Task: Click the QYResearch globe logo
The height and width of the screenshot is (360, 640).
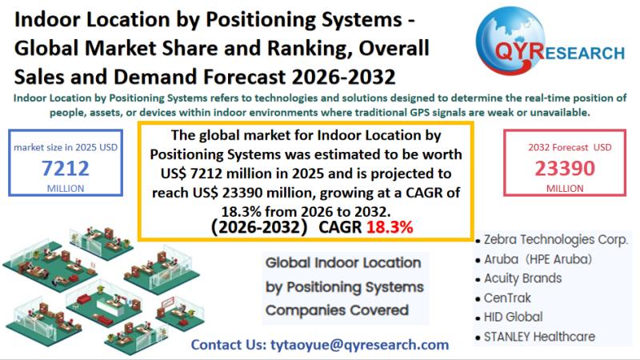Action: pyautogui.click(x=510, y=41)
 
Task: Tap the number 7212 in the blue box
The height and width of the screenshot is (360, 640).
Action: pyautogui.click(x=66, y=168)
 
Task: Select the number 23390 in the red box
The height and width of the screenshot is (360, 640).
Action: pyautogui.click(x=565, y=168)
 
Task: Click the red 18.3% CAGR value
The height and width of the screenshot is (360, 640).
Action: pyautogui.click(x=390, y=227)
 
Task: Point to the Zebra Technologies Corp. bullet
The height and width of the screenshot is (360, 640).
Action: pyautogui.click(x=552, y=239)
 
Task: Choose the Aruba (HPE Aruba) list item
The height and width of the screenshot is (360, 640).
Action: pyautogui.click(x=534, y=259)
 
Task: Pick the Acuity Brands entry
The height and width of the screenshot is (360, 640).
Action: pyautogui.click(x=518, y=278)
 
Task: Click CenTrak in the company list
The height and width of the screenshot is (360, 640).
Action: pyautogui.click(x=503, y=298)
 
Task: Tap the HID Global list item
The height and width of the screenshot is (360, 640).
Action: pyautogui.click(x=510, y=317)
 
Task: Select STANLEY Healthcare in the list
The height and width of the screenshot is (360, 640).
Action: pyautogui.click(x=535, y=337)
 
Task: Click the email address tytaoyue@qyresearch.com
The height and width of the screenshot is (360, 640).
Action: pyautogui.click(x=359, y=345)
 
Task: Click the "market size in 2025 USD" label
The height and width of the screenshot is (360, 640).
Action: pyautogui.click(x=66, y=147)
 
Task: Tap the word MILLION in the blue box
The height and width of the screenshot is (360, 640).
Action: pyautogui.click(x=66, y=189)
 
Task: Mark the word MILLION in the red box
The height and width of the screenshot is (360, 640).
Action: pyautogui.click(x=565, y=189)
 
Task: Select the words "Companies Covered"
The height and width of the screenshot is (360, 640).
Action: pyautogui.click(x=337, y=310)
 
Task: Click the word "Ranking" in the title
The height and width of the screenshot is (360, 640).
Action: pyautogui.click(x=310, y=49)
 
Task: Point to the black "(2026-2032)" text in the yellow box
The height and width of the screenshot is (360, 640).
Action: pyautogui.click(x=258, y=227)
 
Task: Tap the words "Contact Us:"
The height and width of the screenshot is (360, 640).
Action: pyautogui.click(x=229, y=345)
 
